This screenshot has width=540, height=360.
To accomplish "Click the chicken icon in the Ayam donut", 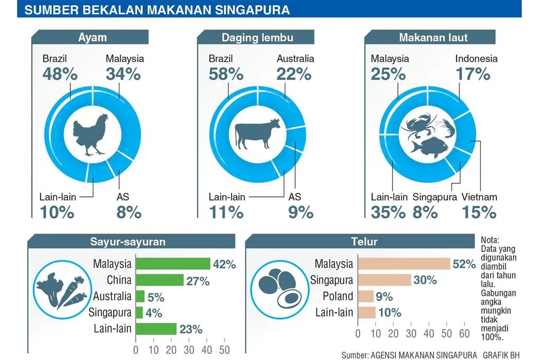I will pos(90,134).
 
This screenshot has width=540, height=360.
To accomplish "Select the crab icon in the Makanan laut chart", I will pos(418,124).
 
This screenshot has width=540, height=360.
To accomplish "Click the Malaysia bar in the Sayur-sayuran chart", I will pos(173,264).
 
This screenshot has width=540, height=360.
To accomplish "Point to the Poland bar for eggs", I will pos(366,296).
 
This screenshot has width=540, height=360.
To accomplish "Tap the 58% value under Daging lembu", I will pos(226,74).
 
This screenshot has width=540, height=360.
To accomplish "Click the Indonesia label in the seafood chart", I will pos(476,58).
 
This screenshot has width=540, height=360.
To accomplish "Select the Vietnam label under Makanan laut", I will pos(479,197).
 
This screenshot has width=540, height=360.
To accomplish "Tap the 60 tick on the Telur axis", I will pos(464,334).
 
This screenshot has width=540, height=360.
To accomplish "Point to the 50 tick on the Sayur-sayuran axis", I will pos(224,349).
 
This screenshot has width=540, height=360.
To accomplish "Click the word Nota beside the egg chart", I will pos(490,240).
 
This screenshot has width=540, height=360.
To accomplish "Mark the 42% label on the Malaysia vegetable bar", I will pos(224,264).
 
